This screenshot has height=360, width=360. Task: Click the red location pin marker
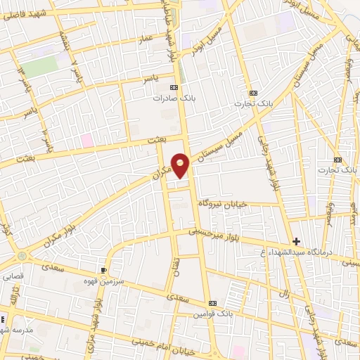[181, 165]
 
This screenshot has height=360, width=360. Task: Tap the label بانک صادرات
[174, 99]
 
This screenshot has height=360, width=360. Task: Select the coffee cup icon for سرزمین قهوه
[104, 269]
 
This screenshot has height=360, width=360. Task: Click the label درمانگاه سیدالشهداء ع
[304, 252]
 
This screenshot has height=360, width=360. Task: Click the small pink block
[86, 140]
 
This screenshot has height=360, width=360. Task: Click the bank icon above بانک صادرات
[174, 88]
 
